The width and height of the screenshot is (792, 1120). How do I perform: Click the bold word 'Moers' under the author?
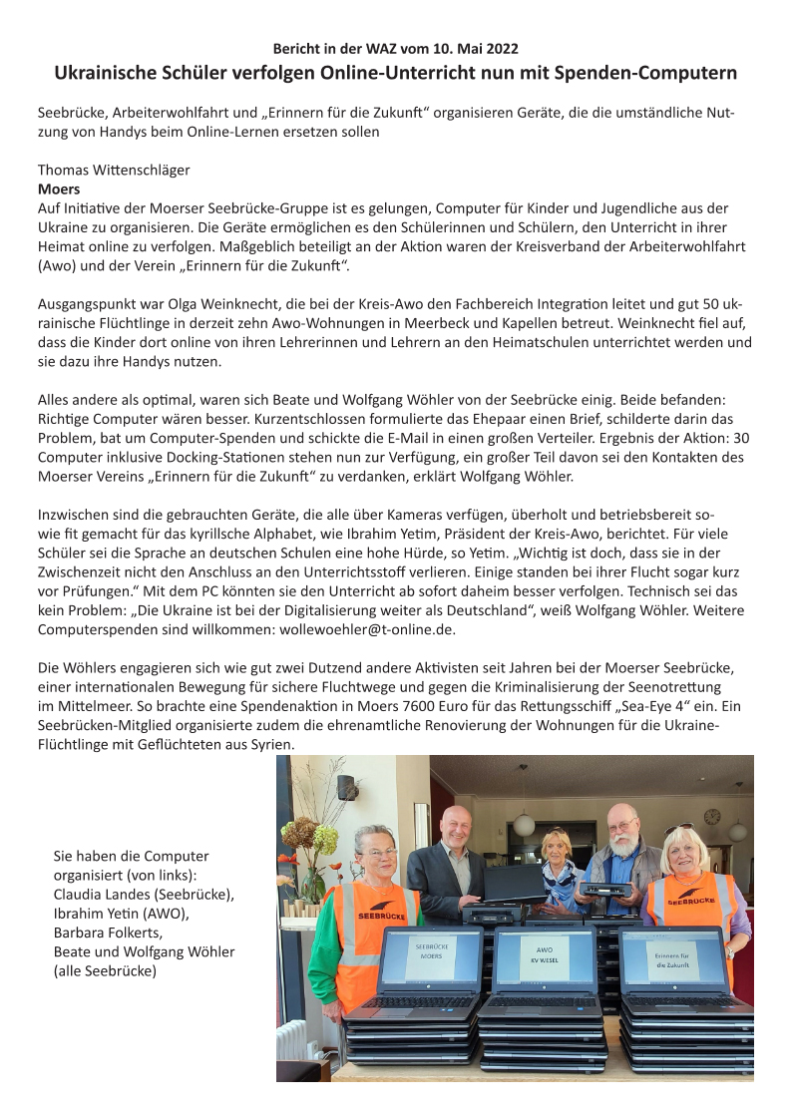(59, 187)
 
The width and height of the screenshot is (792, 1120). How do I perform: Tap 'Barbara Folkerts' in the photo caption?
(107, 932)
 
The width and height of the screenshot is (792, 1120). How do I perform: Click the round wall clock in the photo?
(711, 816)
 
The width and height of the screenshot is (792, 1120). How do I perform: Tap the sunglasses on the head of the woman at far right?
(681, 829)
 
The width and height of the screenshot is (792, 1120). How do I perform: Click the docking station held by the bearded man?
(607, 888)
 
